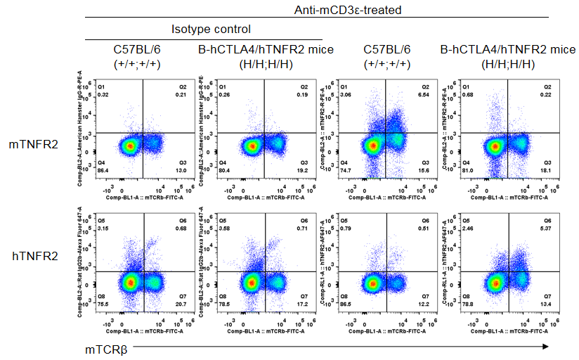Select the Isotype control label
pyautogui.click(x=211, y=30)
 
